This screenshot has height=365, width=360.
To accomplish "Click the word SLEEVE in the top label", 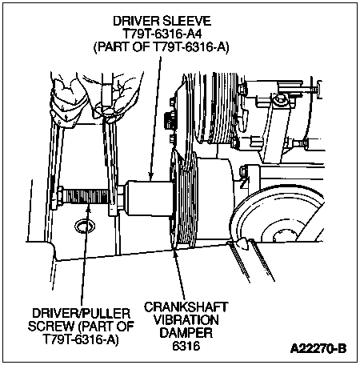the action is (x=186, y=21).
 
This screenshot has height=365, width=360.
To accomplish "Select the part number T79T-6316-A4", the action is (x=162, y=34).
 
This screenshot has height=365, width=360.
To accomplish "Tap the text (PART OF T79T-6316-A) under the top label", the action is (x=162, y=47).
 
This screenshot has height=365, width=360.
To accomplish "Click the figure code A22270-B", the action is (x=318, y=348).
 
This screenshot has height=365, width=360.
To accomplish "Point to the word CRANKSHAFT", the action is (x=186, y=307).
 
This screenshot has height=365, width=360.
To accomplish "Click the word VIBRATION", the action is (x=186, y=320).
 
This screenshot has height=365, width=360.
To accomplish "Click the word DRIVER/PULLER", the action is (x=82, y=313).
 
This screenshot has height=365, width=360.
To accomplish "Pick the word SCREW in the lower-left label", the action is (x=51, y=327).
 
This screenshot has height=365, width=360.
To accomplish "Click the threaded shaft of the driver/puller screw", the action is (x=86, y=198).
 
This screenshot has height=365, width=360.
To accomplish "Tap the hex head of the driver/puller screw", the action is (x=60, y=197).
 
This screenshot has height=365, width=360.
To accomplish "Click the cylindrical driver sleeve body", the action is (x=150, y=199).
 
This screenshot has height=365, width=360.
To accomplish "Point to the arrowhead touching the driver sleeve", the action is (x=150, y=177).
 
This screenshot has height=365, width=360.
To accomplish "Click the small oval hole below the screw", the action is (x=85, y=226).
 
